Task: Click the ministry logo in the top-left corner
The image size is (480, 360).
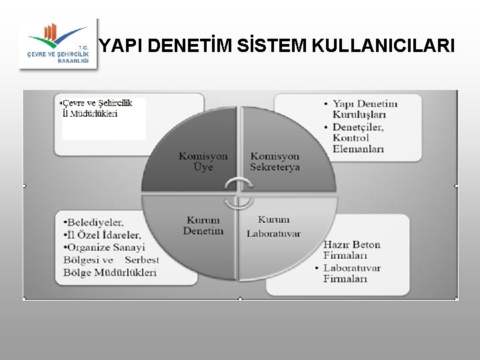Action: point(57,43)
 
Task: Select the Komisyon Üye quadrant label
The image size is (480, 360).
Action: point(203,161)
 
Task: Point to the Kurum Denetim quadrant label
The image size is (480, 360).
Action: point(203,225)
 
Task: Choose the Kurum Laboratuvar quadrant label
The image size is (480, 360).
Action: point(273,226)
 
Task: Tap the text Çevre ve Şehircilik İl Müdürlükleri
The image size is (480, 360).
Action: point(97,107)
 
